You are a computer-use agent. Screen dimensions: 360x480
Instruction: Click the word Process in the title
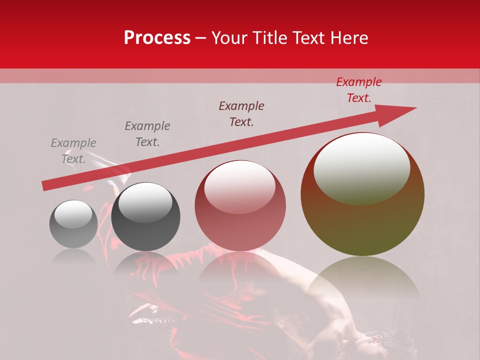157,38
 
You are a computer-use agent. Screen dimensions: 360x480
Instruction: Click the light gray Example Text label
73,151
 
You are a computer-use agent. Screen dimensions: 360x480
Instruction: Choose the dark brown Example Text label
241,114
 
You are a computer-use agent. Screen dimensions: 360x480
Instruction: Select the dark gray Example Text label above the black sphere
147,134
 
